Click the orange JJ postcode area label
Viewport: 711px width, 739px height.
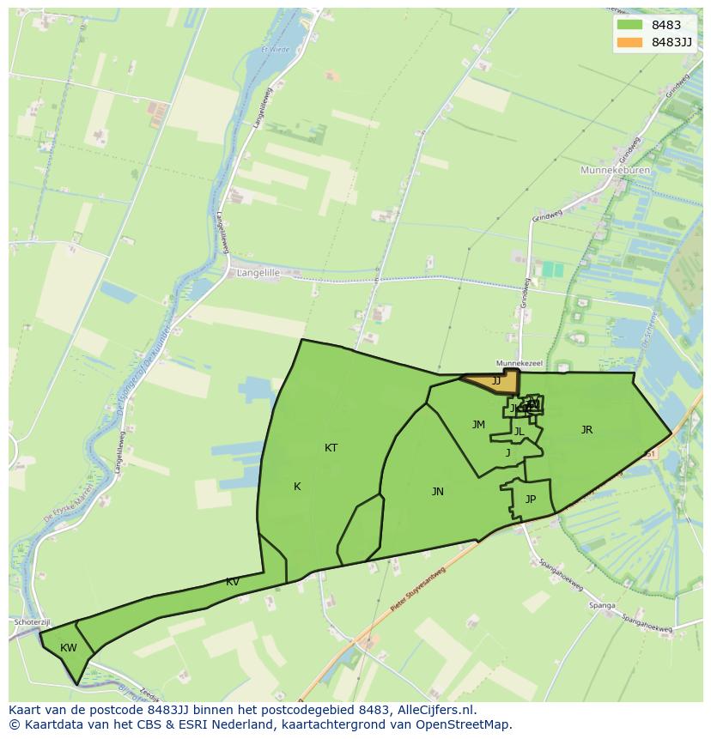tap(495, 380)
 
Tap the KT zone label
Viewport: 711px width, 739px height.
tap(331, 448)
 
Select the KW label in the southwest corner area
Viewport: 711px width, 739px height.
tap(69, 648)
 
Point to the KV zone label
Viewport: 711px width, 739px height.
tap(233, 582)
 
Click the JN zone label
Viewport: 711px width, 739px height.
tap(438, 492)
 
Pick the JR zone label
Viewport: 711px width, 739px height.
tap(586, 430)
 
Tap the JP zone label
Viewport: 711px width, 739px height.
tap(531, 500)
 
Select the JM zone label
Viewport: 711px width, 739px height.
tap(478, 425)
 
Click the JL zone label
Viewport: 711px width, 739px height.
tap(519, 432)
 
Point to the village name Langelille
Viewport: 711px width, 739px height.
tap(255, 273)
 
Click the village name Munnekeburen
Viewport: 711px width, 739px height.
tap(616, 171)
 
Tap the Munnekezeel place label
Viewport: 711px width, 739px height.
tap(520, 364)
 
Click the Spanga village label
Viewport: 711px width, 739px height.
tap(602, 605)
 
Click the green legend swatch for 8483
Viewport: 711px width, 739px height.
tap(629, 25)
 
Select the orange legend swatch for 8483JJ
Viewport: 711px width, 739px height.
tap(629, 42)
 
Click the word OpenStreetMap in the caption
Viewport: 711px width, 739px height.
tap(464, 724)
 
